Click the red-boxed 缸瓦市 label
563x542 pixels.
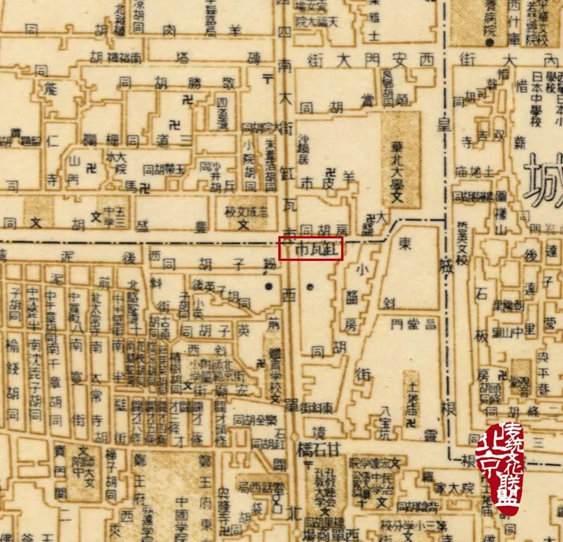click(311, 249)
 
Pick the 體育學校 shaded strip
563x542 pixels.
click(274, 369)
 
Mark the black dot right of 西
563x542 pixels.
click(311, 286)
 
